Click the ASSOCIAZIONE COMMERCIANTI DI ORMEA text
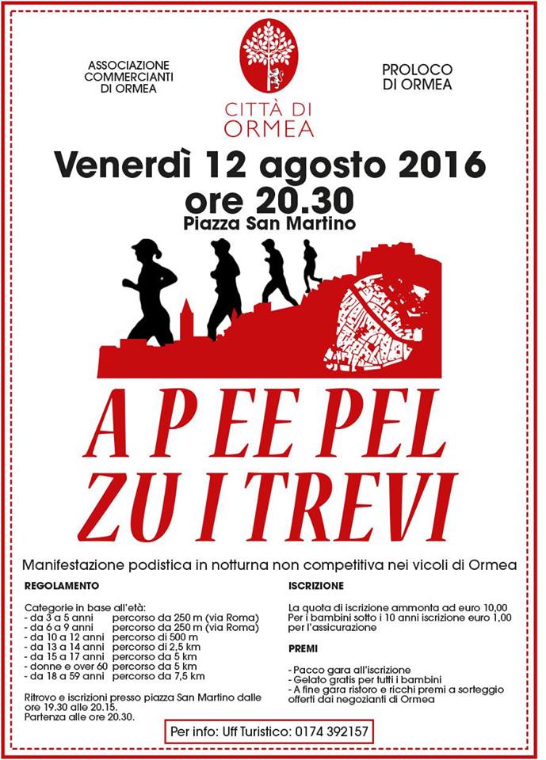pyautogui.click(x=128, y=76)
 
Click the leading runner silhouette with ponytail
pyautogui.click(x=151, y=291)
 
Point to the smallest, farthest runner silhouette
pyautogui.click(x=311, y=265)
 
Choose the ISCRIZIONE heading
pyautogui.click(x=315, y=586)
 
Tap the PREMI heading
pyautogui.click(x=304, y=648)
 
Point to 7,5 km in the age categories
pyautogui.click(x=189, y=676)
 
